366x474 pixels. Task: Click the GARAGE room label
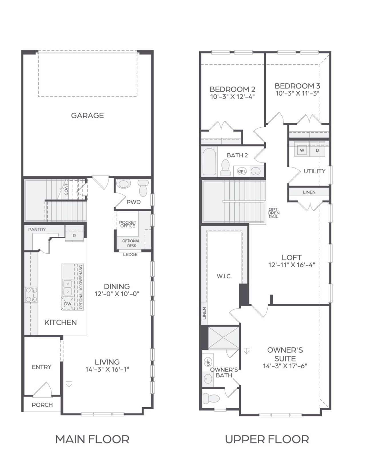[x=87, y=115]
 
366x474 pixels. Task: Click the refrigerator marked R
[x=74, y=236]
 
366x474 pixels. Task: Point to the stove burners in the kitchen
[x=31, y=295]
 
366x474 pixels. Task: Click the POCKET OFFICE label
[x=128, y=224]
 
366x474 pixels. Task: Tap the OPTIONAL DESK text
[x=131, y=243]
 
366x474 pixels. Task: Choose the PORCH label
[x=42, y=405]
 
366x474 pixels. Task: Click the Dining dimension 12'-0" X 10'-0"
[x=117, y=294]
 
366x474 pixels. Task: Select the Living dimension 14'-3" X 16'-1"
[x=107, y=370]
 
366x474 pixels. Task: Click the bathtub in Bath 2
[x=210, y=161]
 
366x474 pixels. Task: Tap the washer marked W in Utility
[x=302, y=150]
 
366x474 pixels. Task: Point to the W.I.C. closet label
[x=224, y=276]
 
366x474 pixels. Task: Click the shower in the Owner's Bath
[x=223, y=338]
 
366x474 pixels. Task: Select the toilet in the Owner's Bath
[x=211, y=398]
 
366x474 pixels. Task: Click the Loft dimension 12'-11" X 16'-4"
[x=291, y=265]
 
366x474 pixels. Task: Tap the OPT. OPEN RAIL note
[x=274, y=213]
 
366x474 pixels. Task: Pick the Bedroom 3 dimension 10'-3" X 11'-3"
[x=297, y=93]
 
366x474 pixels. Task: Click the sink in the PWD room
[x=124, y=184]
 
